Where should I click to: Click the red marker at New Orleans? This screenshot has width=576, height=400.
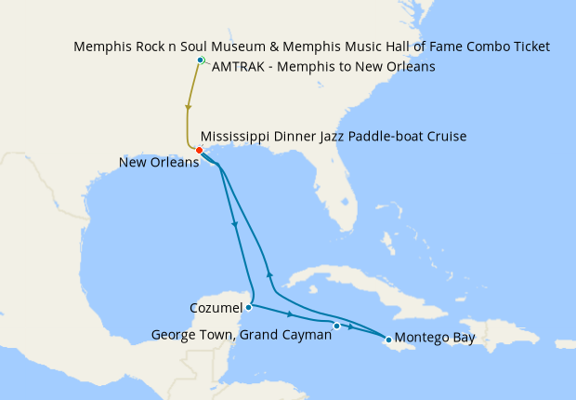tap(200, 150)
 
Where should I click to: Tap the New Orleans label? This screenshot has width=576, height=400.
tap(159, 163)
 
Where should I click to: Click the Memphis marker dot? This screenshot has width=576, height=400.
tap(201, 60)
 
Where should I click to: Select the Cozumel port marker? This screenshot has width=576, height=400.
tap(249, 307)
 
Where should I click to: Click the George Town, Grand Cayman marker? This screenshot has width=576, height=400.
tap(336, 326)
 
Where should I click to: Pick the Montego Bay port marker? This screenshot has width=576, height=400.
tap(387, 339)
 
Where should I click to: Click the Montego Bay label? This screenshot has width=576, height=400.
tap(435, 338)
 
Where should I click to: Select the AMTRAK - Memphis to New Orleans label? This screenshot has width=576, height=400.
tap(324, 67)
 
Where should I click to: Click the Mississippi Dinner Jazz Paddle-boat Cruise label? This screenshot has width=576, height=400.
tap(333, 137)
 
